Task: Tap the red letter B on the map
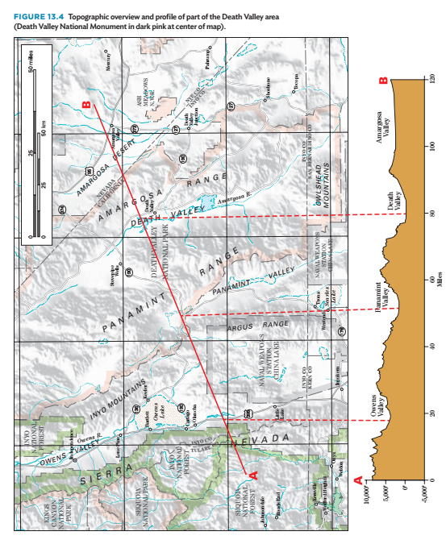click(86, 104)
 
